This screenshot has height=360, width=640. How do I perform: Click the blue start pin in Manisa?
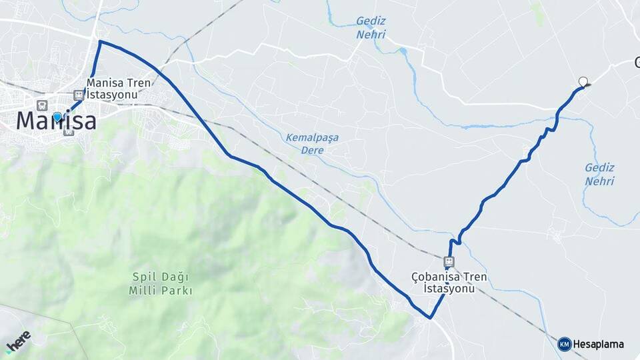(57, 117)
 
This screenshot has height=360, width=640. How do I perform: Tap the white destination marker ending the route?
(583, 82)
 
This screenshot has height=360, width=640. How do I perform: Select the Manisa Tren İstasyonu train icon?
(79, 95)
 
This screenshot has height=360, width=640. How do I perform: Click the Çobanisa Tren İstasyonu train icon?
(449, 261)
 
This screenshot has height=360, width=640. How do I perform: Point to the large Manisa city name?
(56, 121)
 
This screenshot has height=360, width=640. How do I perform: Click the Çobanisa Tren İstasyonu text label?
(449, 283)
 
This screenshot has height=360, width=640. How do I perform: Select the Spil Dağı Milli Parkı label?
(161, 283)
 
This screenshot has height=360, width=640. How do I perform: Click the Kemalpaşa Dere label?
(312, 143)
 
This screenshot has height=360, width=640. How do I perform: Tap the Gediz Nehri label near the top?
(371, 27)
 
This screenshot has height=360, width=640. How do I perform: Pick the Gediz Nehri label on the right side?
(599, 174)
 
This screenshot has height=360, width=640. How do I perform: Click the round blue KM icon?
(564, 344)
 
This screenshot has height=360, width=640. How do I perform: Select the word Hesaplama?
(599, 344)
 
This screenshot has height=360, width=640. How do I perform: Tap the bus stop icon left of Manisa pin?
(43, 105)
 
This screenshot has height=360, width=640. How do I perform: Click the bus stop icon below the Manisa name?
(68, 131)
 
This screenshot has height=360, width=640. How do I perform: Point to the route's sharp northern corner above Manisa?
(100, 41)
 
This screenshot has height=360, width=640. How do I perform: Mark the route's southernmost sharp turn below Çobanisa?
(431, 318)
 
